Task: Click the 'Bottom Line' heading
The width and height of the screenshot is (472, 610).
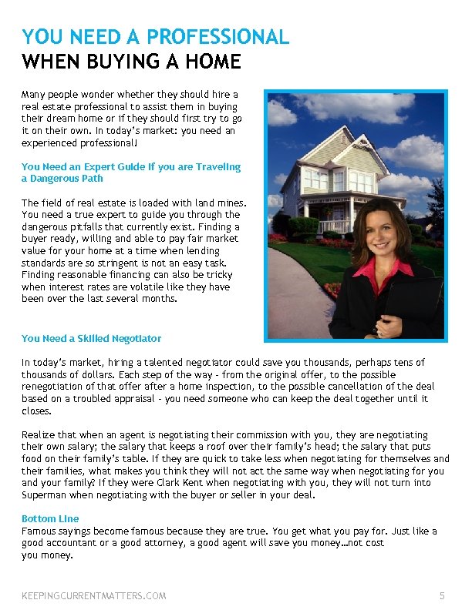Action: pos(50,519)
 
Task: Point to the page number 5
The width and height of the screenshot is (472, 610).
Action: pos(442,595)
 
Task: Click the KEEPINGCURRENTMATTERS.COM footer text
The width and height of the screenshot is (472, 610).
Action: pos(93,595)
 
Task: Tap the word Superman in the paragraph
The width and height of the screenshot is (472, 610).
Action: pos(45,494)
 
